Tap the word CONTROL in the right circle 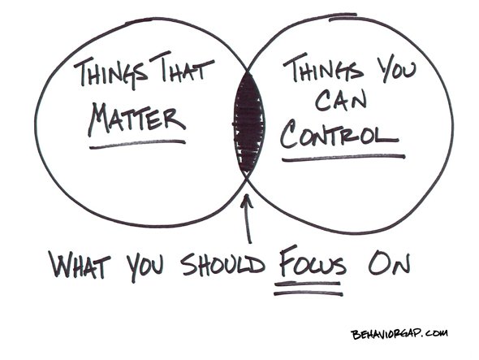339,133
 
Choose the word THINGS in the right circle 323,68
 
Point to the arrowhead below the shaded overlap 247,201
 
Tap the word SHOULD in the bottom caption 223,263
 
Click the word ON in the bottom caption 389,262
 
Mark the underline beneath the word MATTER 137,144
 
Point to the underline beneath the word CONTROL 343,157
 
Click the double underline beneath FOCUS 309,289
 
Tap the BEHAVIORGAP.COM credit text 399,334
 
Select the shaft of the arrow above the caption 248,221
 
